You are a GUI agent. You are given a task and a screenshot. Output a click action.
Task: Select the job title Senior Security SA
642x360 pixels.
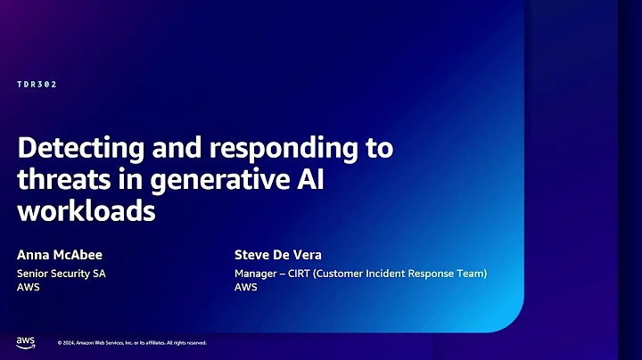[61, 274]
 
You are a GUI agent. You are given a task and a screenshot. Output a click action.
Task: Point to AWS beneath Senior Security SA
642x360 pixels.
[28, 288]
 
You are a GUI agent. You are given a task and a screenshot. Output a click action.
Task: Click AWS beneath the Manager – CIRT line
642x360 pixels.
[245, 288]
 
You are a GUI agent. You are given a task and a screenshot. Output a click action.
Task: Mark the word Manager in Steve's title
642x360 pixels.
[255, 274]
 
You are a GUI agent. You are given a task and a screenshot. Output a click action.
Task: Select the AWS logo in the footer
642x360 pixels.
[25, 342]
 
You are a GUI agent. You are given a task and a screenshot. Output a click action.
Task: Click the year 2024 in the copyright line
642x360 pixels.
[71, 343]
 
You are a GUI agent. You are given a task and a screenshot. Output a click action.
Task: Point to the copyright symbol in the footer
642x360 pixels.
[60, 343]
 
